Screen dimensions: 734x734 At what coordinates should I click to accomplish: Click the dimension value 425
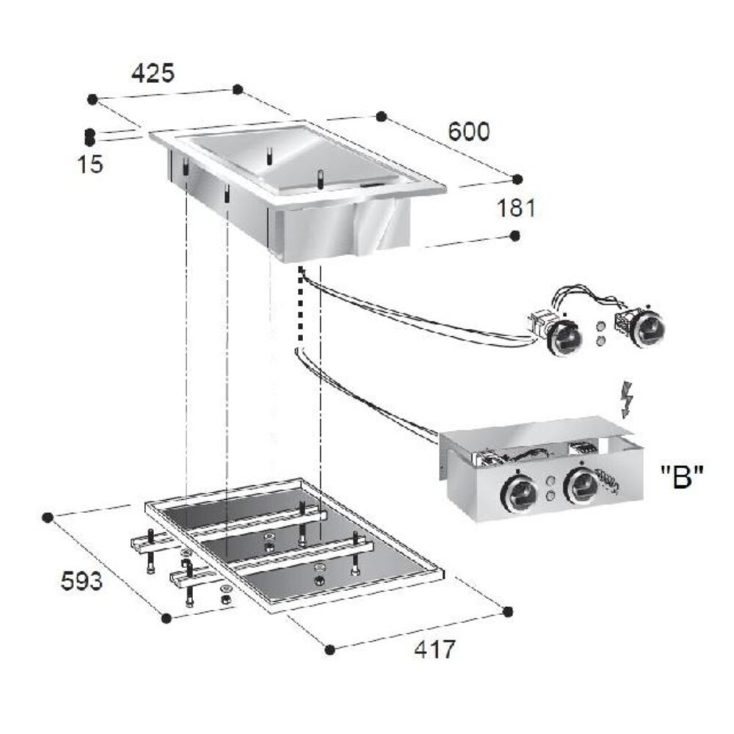(153, 73)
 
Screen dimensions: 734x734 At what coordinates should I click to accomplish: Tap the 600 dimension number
(468, 131)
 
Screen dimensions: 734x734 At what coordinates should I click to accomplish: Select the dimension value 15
(91, 164)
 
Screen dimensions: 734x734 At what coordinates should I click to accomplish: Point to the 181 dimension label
(517, 208)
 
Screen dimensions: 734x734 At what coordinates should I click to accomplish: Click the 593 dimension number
(81, 582)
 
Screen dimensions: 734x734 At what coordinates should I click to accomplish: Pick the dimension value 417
(434, 649)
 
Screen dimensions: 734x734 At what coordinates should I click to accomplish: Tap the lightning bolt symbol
(626, 399)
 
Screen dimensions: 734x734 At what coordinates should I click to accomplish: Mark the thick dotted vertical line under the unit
(299, 305)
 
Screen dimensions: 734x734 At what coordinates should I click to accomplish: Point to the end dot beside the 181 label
(515, 235)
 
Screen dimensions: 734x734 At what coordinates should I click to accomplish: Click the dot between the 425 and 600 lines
(237, 89)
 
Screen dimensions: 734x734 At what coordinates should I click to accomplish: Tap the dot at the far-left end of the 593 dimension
(48, 517)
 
